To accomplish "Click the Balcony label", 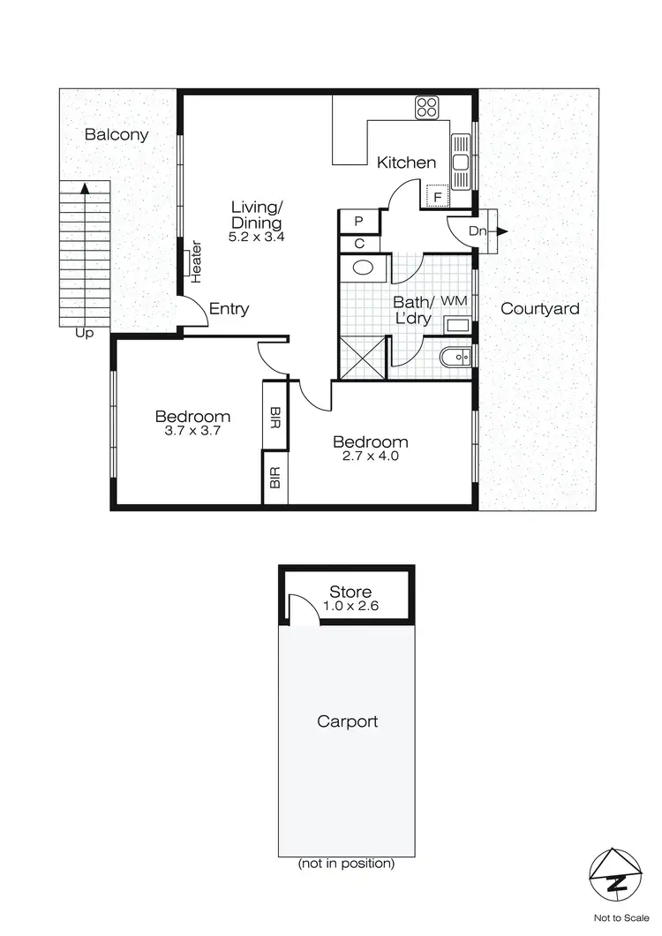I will coord(117,135).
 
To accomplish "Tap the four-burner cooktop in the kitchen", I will coord(428,109).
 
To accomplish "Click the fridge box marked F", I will coord(435,196).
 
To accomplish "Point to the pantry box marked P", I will coord(359,221).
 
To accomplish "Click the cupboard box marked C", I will coord(359,243).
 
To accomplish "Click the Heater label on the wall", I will coord(196,261).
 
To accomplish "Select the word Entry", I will coord(229,309).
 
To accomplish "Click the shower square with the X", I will coord(361,359).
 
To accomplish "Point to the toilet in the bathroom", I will coord(455,356).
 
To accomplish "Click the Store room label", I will coord(350,592).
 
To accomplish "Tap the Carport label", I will coord(347,721).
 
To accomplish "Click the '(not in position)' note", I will coord(346,863).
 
